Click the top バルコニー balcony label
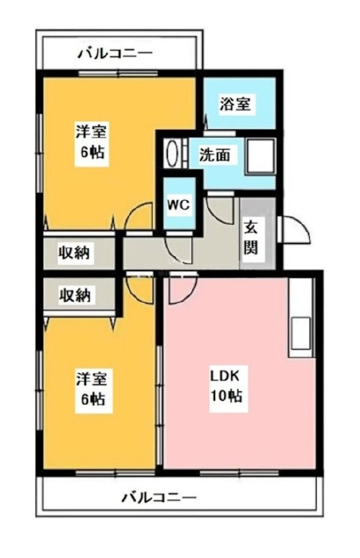pos(115,54)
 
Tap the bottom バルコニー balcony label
pos(159,497)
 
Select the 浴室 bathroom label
pos(235,104)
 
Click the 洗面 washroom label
pos(214,155)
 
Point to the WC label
pos(179,204)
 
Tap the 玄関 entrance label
pos(250,238)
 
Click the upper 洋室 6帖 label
pos(91,141)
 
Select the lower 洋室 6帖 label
pos(91,389)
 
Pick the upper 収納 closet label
pos(75,253)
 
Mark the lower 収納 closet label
pos(75,295)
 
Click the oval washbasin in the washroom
pos(172,154)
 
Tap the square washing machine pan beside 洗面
pos(260,156)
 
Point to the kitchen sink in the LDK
pos(301,333)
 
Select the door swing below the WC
pos(179,250)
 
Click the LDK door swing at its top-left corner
pos(183,290)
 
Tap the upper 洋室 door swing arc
pos(139,216)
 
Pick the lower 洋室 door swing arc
pos(140,290)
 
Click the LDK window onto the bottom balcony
pos(240,473)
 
